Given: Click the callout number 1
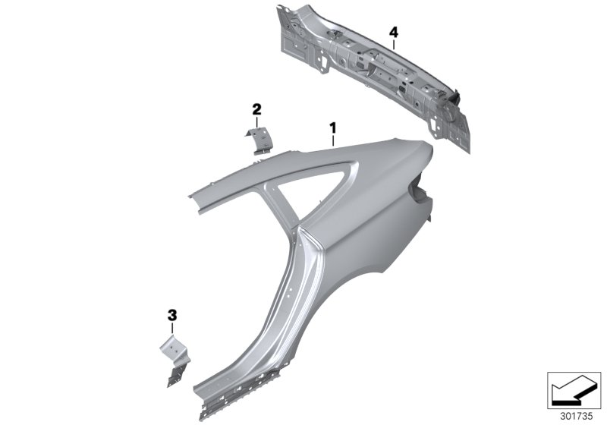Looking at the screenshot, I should (x=332, y=126).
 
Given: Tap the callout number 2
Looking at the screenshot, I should (x=256, y=110).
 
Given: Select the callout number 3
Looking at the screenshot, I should (x=171, y=314).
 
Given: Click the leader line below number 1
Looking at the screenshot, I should (x=332, y=139).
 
